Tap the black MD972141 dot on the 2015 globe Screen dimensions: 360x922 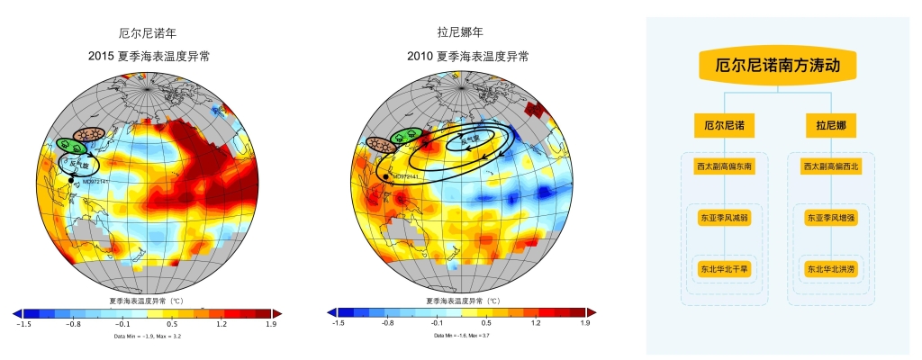(x=72, y=180)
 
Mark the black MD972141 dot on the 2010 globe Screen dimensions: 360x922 (x=386, y=176)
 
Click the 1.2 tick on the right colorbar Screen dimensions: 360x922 (x=535, y=322)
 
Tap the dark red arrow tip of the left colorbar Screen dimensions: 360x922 (x=276, y=312)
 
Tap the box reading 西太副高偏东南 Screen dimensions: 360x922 (x=724, y=166)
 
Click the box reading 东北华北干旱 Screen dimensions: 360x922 (x=724, y=268)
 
